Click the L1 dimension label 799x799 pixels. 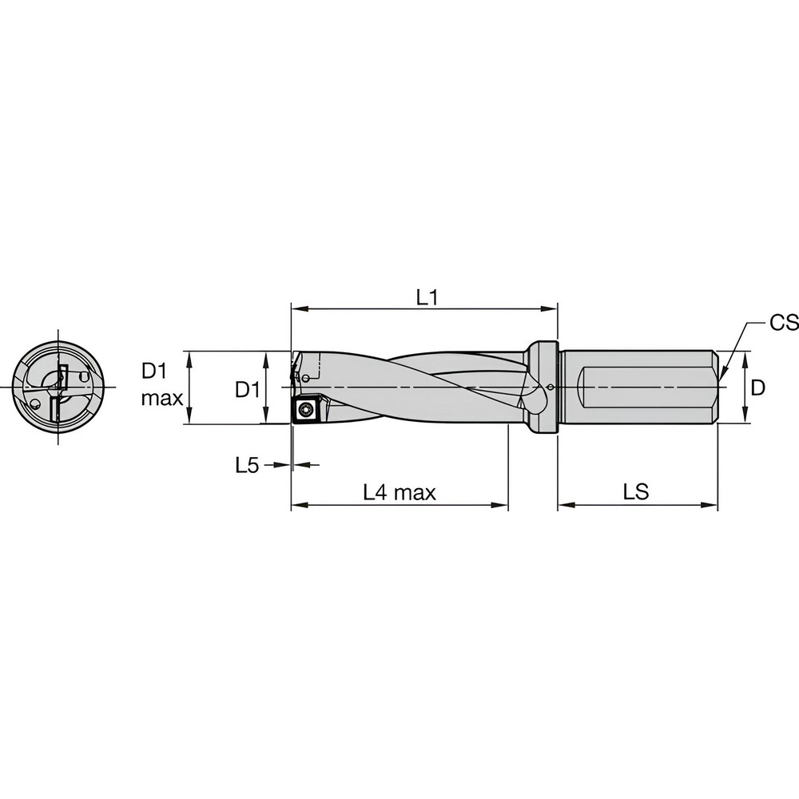click(427, 297)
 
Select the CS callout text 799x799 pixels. click(784, 323)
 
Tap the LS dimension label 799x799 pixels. click(636, 492)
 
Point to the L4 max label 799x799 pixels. click(399, 492)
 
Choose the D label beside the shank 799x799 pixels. click(758, 388)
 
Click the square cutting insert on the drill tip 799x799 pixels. click(306, 411)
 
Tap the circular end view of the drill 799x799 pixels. click(58, 388)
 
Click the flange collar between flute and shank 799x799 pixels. click(542, 388)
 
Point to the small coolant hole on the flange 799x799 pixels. click(553, 388)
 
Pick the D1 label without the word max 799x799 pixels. click(247, 389)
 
